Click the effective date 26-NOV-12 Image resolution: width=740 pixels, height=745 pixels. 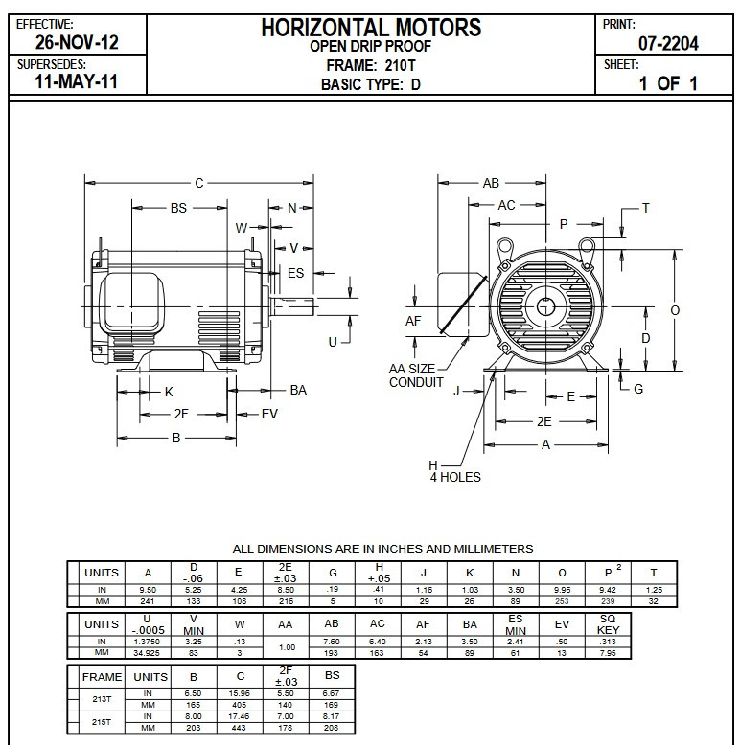(x=76, y=43)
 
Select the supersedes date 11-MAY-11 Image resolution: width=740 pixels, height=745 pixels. (x=76, y=81)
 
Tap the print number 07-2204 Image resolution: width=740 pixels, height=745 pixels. (x=667, y=43)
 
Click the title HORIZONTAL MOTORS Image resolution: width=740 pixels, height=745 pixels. (x=371, y=27)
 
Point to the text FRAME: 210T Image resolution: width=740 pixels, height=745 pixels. (x=370, y=65)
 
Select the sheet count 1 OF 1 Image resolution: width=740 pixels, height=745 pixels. (x=667, y=82)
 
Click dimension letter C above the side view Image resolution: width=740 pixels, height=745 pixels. (x=198, y=182)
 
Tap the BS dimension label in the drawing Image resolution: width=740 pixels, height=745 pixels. (x=178, y=207)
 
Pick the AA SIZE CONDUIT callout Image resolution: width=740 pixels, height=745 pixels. (x=417, y=375)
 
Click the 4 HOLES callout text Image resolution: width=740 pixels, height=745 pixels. (x=454, y=477)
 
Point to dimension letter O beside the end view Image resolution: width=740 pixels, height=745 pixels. (x=675, y=310)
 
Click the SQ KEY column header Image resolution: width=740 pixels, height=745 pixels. (x=608, y=622)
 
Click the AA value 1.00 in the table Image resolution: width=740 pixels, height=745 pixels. (x=285, y=647)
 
